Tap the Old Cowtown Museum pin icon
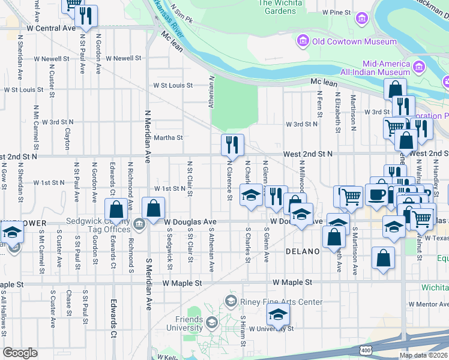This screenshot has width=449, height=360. tap(302, 41)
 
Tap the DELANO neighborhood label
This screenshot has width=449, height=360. tap(303, 251)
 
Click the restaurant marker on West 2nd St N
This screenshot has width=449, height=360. tap(232, 145)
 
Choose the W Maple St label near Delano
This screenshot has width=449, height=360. tap(292, 281)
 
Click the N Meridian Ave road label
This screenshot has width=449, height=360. tap(148, 136)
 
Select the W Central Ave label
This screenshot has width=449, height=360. tap(52, 28)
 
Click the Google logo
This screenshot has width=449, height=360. tap(20, 353)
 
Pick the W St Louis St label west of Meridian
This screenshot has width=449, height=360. tap(24, 90)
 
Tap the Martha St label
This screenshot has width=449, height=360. tap(168, 137)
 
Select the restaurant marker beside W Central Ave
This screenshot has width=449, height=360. tap(88, 16)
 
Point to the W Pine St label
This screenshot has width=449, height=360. tap(336, 12)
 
